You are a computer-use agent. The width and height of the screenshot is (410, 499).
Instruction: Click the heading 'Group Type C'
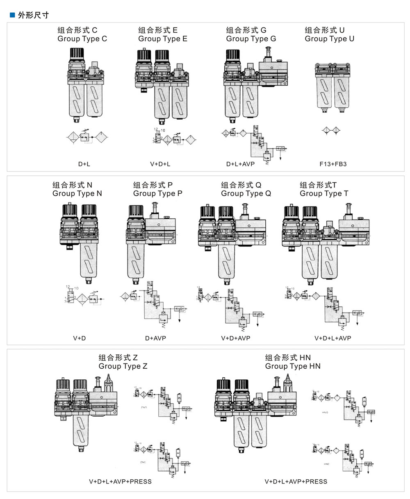[82, 39]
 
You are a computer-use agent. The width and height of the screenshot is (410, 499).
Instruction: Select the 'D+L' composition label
[84, 164]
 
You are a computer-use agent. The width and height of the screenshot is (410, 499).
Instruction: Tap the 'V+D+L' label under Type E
[160, 164]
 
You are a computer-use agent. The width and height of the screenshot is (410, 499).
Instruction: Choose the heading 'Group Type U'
[330, 39]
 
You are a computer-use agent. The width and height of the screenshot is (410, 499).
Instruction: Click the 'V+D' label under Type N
[79, 338]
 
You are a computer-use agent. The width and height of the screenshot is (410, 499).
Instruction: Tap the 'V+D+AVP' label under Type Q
[235, 338]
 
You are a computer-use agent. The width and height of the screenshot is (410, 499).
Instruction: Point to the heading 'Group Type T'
[324, 193]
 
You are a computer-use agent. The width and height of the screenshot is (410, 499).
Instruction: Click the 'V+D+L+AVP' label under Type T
[333, 338]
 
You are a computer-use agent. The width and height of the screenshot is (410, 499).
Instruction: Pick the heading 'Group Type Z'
[123, 366]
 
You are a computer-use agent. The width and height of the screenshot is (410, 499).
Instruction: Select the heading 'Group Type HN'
[293, 366]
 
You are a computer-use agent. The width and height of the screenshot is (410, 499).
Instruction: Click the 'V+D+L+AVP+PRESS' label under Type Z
[120, 481]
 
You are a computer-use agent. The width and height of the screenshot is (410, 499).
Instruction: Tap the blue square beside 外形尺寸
[11, 16]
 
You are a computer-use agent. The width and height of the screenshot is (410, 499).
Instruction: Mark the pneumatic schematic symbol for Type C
[87, 137]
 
